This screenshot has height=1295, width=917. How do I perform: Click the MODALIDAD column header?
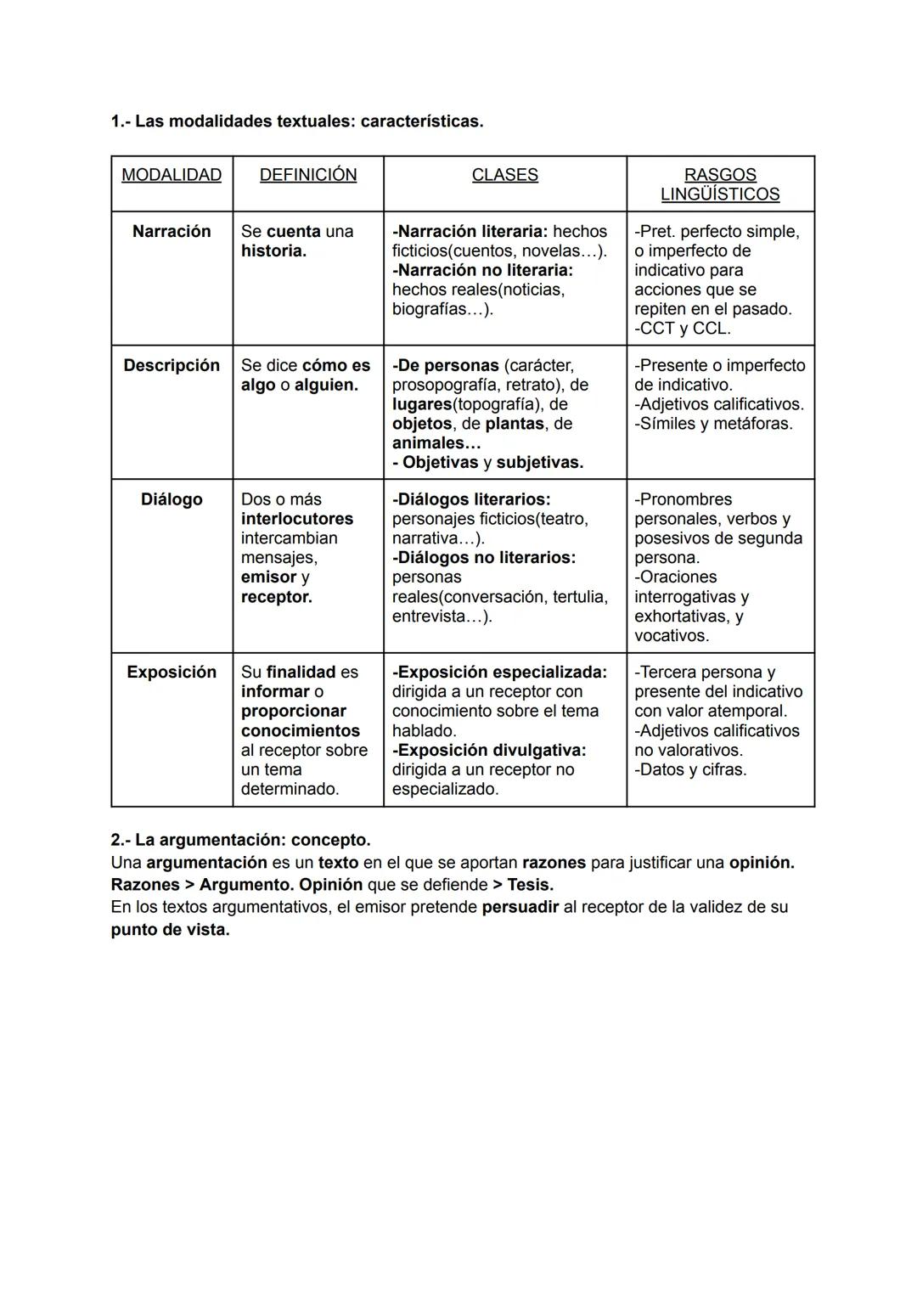pyautogui.click(x=172, y=175)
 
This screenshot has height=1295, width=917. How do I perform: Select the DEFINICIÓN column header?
pyautogui.click(x=307, y=175)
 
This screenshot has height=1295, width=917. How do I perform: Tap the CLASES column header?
pyautogui.click(x=504, y=175)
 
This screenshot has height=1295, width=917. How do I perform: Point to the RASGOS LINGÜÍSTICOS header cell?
pyautogui.click(x=720, y=184)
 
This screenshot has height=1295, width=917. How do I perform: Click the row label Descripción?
pyautogui.click(x=172, y=365)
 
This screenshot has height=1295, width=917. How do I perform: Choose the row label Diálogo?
pyautogui.click(x=172, y=499)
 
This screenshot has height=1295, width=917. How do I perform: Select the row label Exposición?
pyautogui.click(x=172, y=672)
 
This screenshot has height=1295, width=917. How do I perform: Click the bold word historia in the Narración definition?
pyautogui.click(x=273, y=251)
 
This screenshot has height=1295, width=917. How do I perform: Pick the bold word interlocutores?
pyautogui.click(x=297, y=519)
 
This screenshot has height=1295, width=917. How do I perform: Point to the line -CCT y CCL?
pyautogui.click(x=683, y=329)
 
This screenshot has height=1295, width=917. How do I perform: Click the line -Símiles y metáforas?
pyautogui.click(x=713, y=424)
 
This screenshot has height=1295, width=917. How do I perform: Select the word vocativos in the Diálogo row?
pyautogui.click(x=671, y=635)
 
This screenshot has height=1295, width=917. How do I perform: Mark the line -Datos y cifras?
pyautogui.click(x=690, y=769)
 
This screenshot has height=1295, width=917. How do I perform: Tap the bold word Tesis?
pyautogui.click(x=530, y=885)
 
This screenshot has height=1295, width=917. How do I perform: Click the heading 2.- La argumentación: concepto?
pyautogui.click(x=240, y=840)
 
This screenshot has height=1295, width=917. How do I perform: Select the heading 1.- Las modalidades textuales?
pyautogui.click(x=296, y=121)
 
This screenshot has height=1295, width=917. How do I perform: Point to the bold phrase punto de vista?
pyautogui.click(x=170, y=929)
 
